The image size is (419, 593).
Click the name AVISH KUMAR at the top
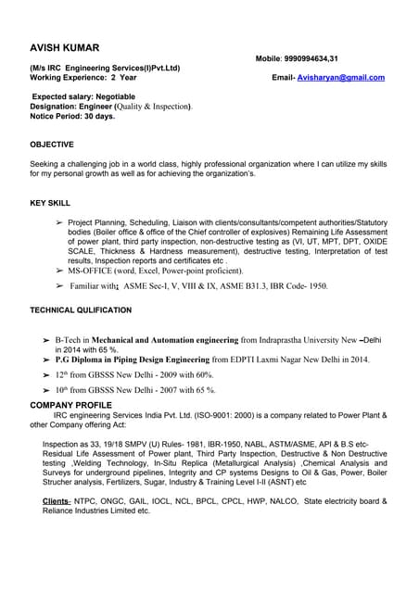coord(65,47)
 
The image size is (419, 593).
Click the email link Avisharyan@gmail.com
coord(341,78)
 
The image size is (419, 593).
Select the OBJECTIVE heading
coord(52,145)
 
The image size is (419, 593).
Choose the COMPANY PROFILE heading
coord(71,406)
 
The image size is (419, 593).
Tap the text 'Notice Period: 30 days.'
coord(72,117)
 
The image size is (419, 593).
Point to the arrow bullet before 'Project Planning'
coord(59,223)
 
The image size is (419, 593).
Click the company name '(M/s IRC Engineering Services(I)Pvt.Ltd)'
coord(105,68)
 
